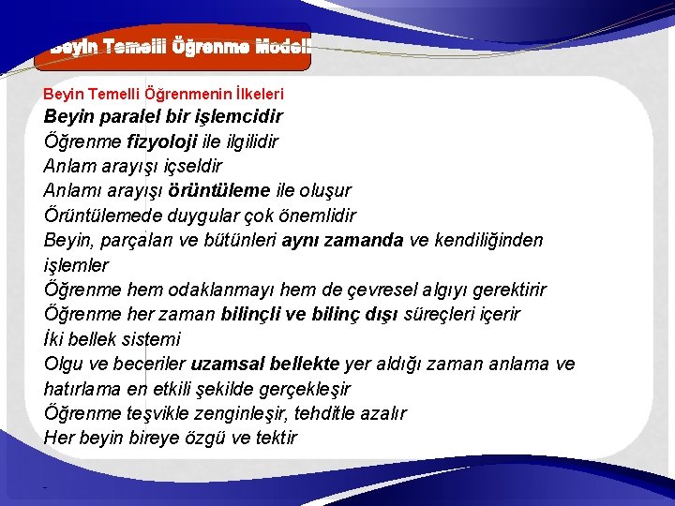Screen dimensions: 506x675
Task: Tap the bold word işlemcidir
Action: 234,117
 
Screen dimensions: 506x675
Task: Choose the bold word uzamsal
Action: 229,364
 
